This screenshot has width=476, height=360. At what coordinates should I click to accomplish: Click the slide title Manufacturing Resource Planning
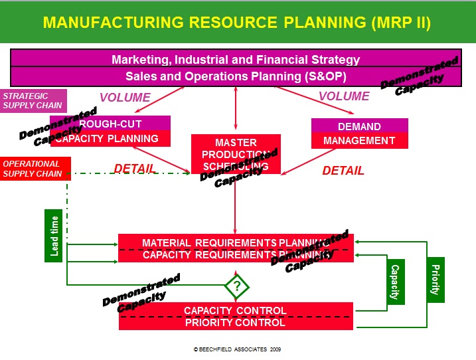pyautogui.click(x=237, y=23)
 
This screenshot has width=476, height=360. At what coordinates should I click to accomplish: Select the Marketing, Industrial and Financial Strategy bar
pyautogui.click(x=236, y=59)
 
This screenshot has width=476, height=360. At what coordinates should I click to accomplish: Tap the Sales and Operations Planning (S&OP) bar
pyautogui.click(x=236, y=76)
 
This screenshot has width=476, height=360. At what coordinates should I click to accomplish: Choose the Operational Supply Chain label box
pyautogui.click(x=35, y=169)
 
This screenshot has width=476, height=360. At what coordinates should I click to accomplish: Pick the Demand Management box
pyautogui.click(x=359, y=134)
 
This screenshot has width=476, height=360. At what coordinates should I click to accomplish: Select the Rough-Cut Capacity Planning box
pyautogui.click(x=119, y=132)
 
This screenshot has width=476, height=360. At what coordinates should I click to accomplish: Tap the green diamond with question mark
pyautogui.click(x=237, y=287)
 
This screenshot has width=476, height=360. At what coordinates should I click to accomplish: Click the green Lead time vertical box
pyautogui.click(x=54, y=236)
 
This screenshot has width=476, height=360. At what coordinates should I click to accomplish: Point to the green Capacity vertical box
pyautogui.click(x=395, y=282)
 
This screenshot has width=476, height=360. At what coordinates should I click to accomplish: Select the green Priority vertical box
pyautogui.click(x=436, y=279)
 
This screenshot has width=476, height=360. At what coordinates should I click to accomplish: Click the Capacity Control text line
pyautogui.click(x=235, y=310)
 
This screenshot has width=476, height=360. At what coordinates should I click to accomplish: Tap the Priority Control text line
pyautogui.click(x=235, y=323)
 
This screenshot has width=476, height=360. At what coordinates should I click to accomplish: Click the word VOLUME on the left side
pyautogui.click(x=125, y=98)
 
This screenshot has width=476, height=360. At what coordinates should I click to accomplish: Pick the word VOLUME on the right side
pyautogui.click(x=344, y=96)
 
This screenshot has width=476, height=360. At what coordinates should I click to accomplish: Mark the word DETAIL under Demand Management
pyautogui.click(x=343, y=171)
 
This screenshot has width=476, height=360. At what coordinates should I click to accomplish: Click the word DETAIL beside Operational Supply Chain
pyautogui.click(x=135, y=169)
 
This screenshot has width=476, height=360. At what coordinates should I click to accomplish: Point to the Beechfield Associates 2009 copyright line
pyautogui.click(x=237, y=349)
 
